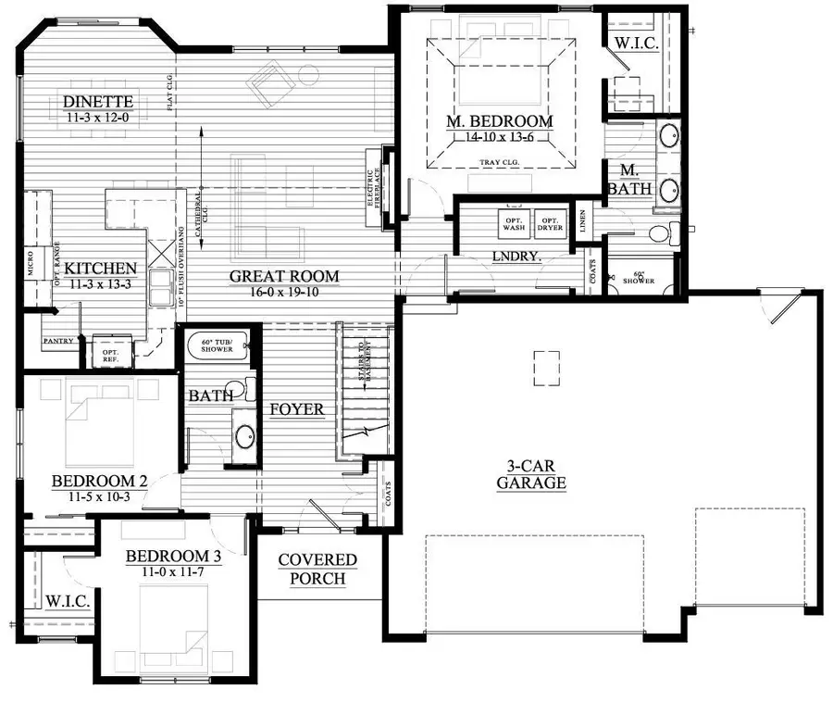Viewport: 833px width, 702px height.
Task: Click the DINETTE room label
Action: pos(99,102)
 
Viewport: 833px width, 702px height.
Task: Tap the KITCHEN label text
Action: pos(100,269)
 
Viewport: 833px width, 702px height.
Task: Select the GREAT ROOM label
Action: pos(284,276)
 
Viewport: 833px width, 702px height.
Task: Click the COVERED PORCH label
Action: pos(317,570)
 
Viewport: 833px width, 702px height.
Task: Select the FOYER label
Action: pos(296,409)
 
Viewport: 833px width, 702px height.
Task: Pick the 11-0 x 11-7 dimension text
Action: pos(172,573)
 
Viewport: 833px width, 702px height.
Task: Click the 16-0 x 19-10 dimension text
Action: pos(284,293)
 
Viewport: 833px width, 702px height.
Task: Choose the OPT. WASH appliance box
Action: pos(514,222)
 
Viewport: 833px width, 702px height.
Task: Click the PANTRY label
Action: pos(57,341)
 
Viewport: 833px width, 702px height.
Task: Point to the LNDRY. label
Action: pos(516,256)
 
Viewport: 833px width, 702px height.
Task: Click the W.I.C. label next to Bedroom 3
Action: pos(67,602)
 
